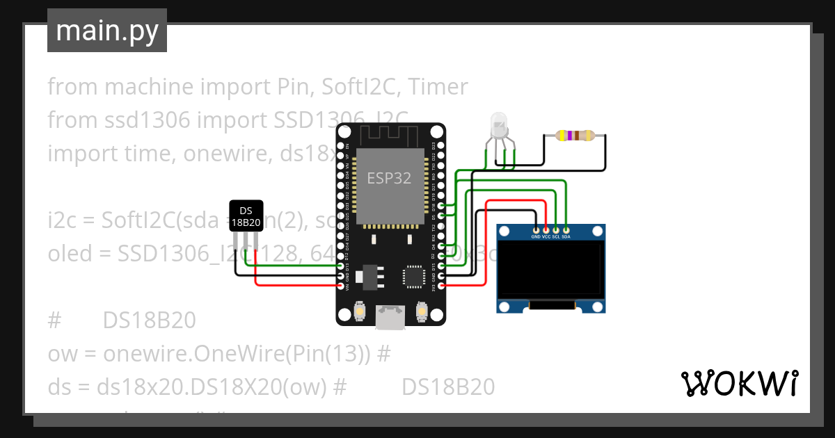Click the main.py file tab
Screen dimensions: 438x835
106,31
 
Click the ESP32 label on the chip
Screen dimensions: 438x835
389,178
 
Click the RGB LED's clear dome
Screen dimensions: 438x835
499,125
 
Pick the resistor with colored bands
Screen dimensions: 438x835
575,136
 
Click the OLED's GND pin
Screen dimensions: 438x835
535,229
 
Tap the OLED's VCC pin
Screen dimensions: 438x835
546,229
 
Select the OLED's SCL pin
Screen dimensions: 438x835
556,229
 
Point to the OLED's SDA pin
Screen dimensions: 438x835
566,229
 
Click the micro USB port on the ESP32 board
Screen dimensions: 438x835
390,317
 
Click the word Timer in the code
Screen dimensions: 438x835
438,87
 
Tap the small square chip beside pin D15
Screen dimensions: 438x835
413,277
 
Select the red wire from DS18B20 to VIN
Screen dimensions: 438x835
292,285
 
